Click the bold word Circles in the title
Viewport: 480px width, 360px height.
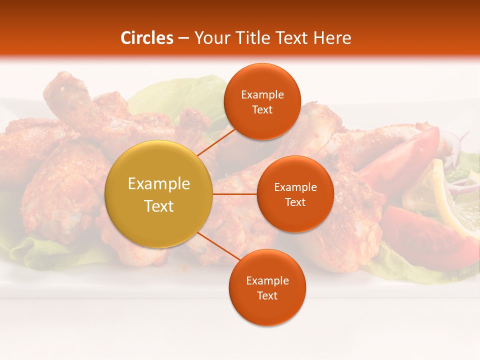pos(147,38)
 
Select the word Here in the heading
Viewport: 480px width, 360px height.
pos(332,38)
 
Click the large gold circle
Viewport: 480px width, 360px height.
pos(159,194)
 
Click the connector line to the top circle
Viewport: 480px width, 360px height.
pos(216,141)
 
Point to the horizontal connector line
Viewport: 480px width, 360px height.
pos(235,194)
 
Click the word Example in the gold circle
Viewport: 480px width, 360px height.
pos(159,184)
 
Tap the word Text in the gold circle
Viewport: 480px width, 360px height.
pos(159,206)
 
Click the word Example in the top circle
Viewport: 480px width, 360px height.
pos(262,95)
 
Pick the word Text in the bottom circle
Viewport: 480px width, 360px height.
pos(267,296)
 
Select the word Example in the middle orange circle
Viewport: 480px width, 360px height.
pos(295,187)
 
